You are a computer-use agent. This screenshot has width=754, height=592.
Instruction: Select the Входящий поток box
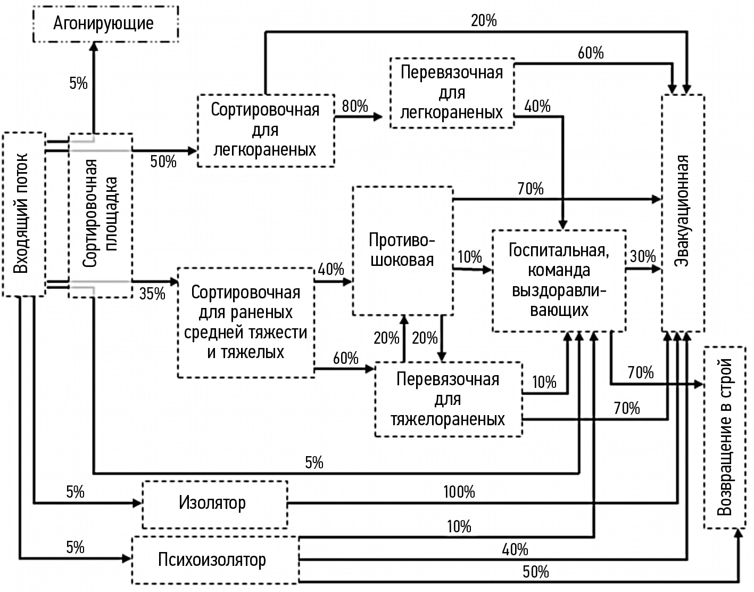coord(24,214)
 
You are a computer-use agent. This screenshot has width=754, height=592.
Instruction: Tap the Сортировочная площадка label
coord(100,213)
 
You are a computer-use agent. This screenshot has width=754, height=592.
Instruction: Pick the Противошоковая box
coord(402,250)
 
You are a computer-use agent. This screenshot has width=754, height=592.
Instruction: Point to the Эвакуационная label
coord(683,211)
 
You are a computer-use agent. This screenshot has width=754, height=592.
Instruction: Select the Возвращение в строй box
coord(724,437)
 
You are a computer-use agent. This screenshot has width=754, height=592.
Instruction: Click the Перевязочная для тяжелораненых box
coord(448,400)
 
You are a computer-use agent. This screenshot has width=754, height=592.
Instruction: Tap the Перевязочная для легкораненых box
coord(452,93)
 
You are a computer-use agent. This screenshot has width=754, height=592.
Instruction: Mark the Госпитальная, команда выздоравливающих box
coord(559,280)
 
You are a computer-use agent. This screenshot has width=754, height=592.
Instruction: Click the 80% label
coord(355,106)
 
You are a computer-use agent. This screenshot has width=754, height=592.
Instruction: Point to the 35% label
coord(152,294)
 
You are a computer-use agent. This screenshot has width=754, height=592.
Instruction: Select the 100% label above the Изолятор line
coord(459,491)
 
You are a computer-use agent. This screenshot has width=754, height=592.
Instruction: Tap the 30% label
coord(643,257)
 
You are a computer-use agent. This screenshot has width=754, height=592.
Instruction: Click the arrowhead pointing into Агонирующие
coord(94,47)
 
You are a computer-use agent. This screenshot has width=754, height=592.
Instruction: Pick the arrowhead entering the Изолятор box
coord(138,502)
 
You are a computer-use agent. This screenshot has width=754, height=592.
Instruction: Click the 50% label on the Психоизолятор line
coord(535,572)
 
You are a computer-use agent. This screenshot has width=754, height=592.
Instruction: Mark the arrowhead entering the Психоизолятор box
coord(127,558)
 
